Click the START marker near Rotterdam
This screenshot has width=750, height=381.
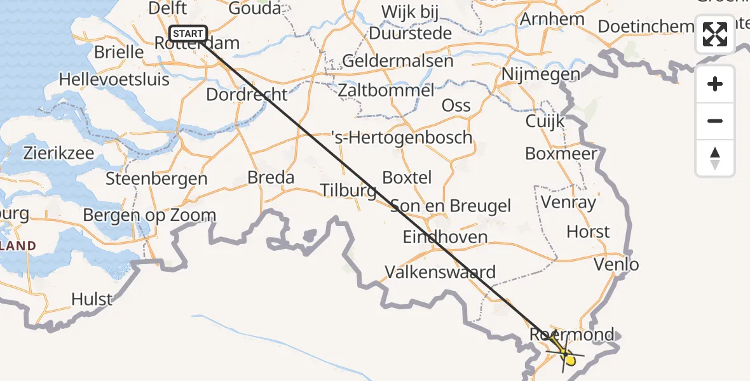coord(188,34)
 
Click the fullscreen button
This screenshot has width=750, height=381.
coord(715,34)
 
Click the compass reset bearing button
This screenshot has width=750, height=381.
coord(715,158)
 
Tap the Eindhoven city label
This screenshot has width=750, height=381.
coord(445,237)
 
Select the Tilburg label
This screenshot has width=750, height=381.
coord(348,190)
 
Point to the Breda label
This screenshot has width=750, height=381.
coord(271,177)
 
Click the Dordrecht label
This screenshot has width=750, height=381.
coord(247,94)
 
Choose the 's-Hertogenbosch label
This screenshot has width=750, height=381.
coord(402,137)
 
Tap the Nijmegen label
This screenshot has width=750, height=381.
coord(540,74)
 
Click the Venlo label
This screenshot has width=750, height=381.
coord(616,264)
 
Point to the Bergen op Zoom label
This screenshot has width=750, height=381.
coord(149,215)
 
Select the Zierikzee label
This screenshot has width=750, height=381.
coord(58,153)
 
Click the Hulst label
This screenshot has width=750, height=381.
coord(92,298)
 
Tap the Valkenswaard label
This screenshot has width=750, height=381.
coord(440,272)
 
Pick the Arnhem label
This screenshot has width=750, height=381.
coord(552,19)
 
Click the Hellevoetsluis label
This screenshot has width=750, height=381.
coord(114,79)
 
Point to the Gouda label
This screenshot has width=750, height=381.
coord(254,8)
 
